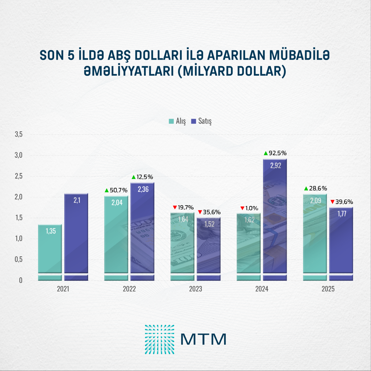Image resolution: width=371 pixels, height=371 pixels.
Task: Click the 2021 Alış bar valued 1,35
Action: click(50, 252)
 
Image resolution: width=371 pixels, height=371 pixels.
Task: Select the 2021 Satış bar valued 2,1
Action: click(76, 237)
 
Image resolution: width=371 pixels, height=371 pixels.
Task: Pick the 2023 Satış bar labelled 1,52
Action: click(209, 249)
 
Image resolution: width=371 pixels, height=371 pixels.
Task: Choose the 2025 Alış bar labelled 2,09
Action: click(315, 237)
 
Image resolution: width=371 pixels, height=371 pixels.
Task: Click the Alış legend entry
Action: click(177, 121)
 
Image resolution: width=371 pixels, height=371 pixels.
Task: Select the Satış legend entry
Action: click(201, 121)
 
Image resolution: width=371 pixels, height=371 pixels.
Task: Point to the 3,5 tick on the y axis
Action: click(19, 134)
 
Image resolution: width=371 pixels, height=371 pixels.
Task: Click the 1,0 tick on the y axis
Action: click(19, 238)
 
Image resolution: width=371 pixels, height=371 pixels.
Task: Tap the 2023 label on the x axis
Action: click(195, 289)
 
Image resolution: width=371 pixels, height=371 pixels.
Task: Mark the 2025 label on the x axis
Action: click(328, 289)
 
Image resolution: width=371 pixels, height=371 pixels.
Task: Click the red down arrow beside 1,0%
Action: click(242, 208)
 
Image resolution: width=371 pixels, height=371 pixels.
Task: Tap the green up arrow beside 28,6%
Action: click(306, 188)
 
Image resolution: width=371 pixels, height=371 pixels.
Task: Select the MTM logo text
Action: click(203, 339)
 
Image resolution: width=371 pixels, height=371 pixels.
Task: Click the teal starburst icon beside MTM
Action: click(160, 339)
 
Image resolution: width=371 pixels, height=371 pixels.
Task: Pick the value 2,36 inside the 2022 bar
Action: click(143, 189)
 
